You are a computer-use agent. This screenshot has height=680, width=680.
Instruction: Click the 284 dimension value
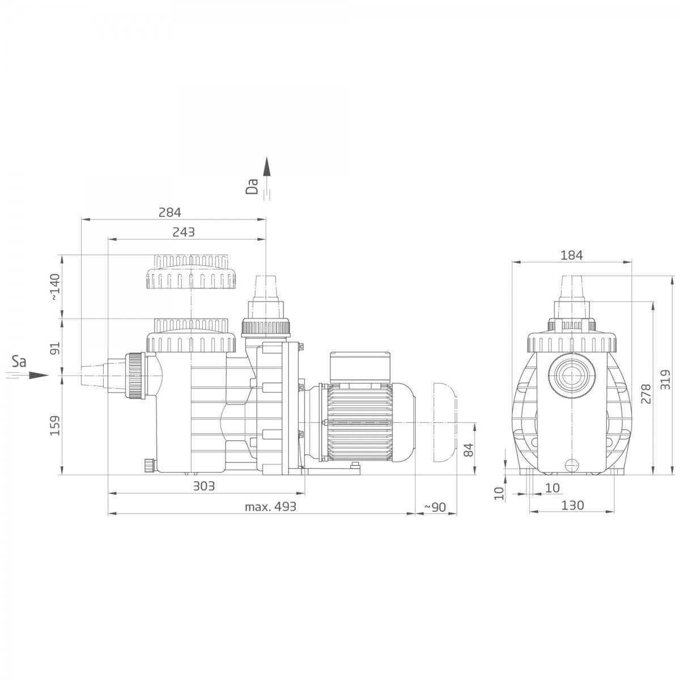click(x=169, y=212)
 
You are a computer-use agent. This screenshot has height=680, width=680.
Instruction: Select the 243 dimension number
click(x=184, y=232)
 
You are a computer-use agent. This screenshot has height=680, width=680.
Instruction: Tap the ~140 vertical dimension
click(x=55, y=287)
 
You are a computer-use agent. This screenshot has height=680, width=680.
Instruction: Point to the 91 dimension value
click(x=55, y=348)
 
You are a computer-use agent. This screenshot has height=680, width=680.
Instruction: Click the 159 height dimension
click(x=55, y=426)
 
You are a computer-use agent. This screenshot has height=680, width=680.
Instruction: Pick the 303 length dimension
click(x=204, y=486)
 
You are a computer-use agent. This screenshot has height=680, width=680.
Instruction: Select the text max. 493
click(x=270, y=507)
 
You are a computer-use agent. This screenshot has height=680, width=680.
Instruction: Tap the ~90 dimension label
click(x=435, y=507)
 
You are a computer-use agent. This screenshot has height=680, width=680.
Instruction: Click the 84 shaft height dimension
click(x=468, y=450)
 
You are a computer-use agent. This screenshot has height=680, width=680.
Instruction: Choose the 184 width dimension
click(x=572, y=255)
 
